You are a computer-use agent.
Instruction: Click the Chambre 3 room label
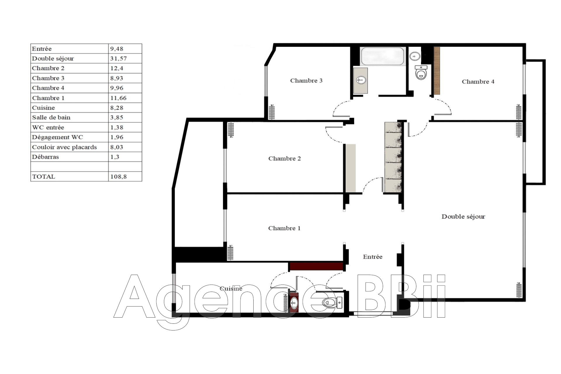pos(306,81)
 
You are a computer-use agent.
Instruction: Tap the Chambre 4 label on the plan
pos(478,82)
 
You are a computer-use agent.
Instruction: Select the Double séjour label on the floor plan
pos(463,217)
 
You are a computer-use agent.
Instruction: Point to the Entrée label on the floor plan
pos(373,257)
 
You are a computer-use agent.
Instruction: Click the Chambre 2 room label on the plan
pos(284,159)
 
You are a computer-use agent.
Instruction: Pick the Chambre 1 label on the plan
pos(284,228)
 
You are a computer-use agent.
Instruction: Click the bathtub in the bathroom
pos(383,56)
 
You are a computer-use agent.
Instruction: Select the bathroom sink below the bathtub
pos(361,79)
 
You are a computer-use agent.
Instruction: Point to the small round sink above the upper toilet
pos(414,56)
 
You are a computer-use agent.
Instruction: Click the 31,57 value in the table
pos(119,58)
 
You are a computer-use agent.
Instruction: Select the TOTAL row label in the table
pos(44,176)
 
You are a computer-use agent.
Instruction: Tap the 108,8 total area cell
pos(119,176)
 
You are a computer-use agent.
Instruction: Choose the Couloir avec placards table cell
pos(64,147)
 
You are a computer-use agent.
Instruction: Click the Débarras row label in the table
pos(45,157)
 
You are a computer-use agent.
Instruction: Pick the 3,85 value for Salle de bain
pos(117,117)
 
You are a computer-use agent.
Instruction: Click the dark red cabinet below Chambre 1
pos(316,266)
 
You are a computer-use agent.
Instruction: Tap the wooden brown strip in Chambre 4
pos(437,71)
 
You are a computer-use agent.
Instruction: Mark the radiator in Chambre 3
pos(272,112)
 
